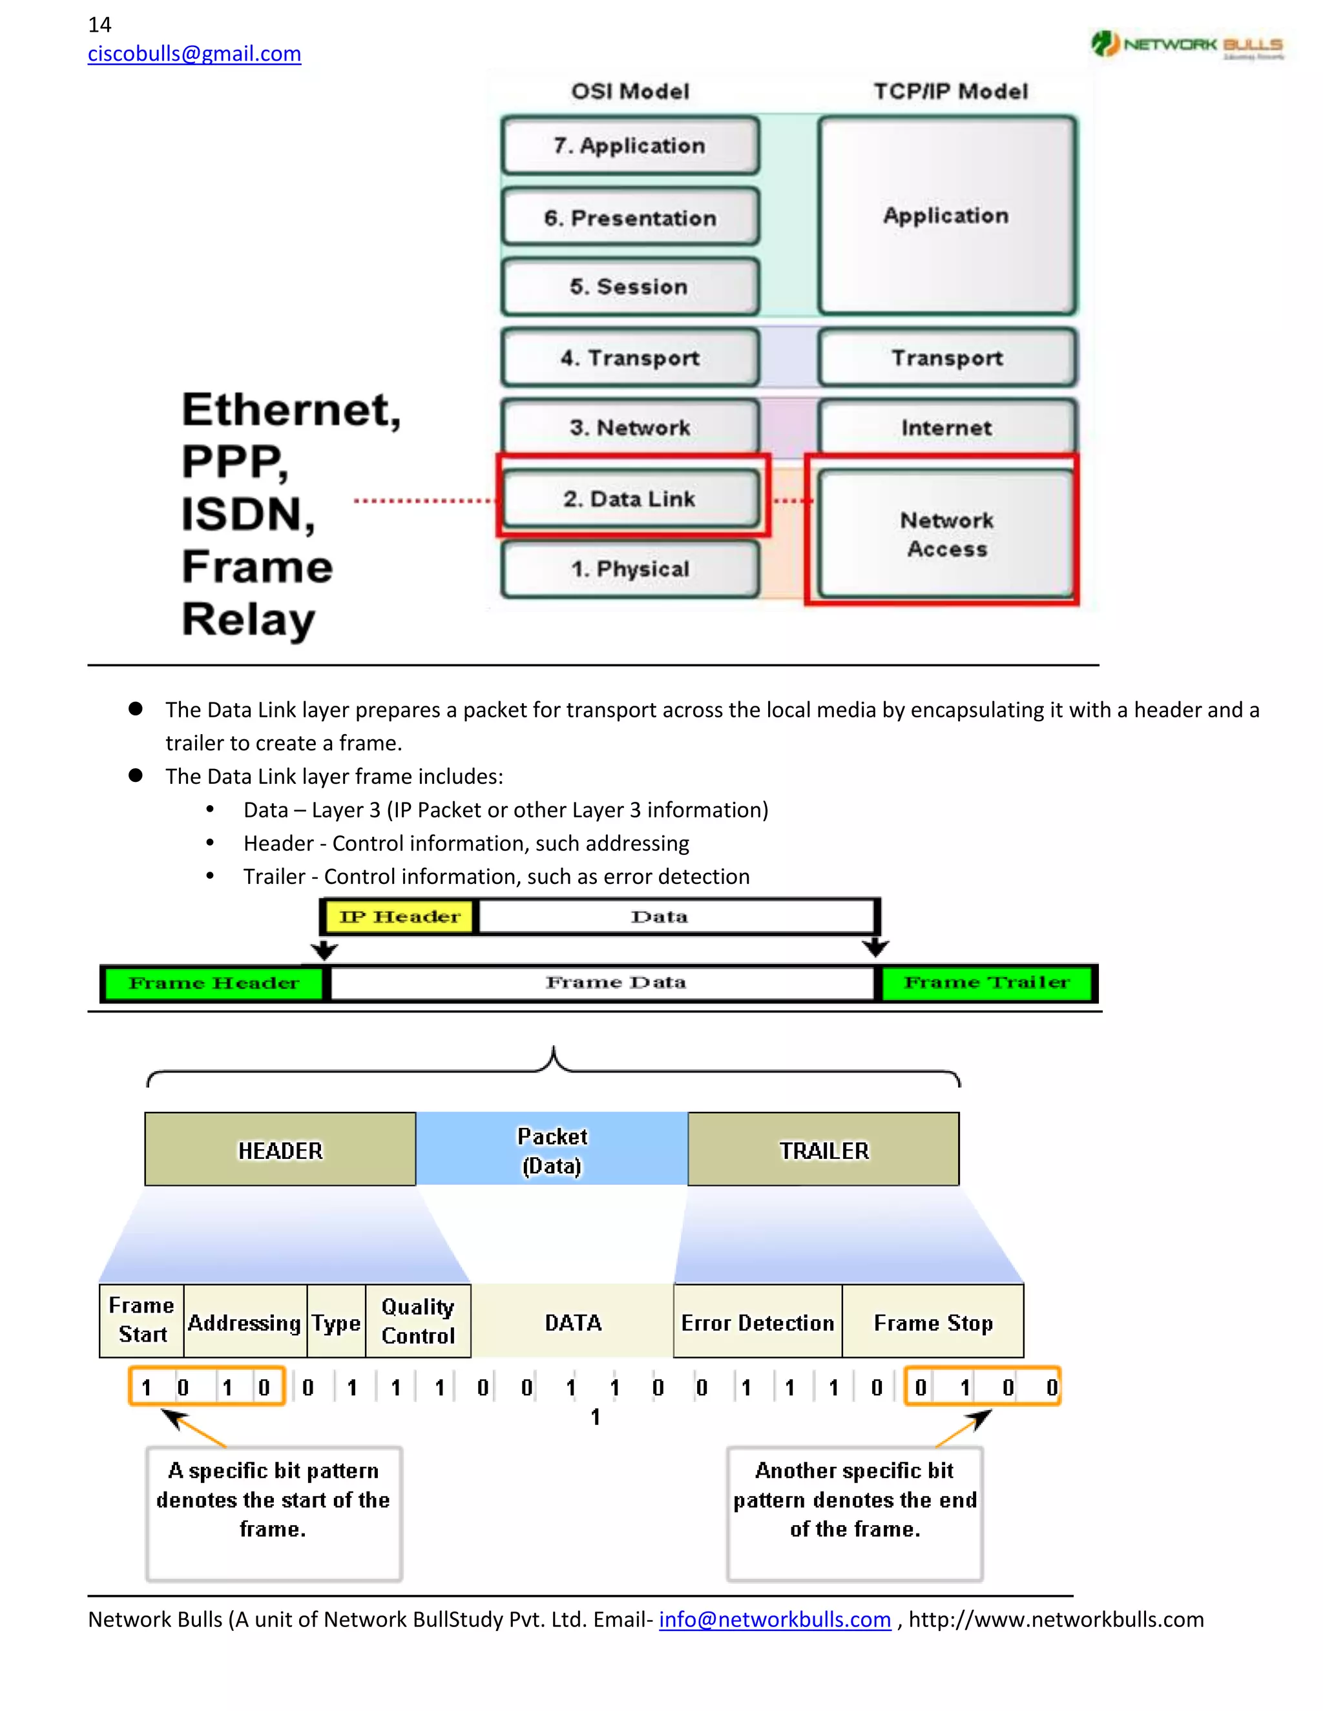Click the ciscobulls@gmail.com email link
pyautogui.click(x=194, y=54)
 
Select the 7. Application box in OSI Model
pyautogui.click(x=630, y=146)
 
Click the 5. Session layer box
pyautogui.click(x=630, y=287)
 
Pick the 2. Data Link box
pyautogui.click(x=630, y=499)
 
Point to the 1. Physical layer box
pyautogui.click(x=630, y=569)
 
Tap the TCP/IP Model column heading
pyautogui.click(x=950, y=92)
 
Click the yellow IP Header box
pyautogui.click(x=399, y=917)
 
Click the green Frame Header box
pyautogui.click(x=213, y=983)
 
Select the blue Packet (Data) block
pyautogui.click(x=552, y=1150)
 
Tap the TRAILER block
pyautogui.click(x=823, y=1150)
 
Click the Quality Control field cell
pyautogui.click(x=418, y=1321)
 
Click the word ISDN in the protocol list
pyautogui.click(x=247, y=514)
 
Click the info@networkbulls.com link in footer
pyautogui.click(x=775, y=1619)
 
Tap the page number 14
pyautogui.click(x=99, y=25)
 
